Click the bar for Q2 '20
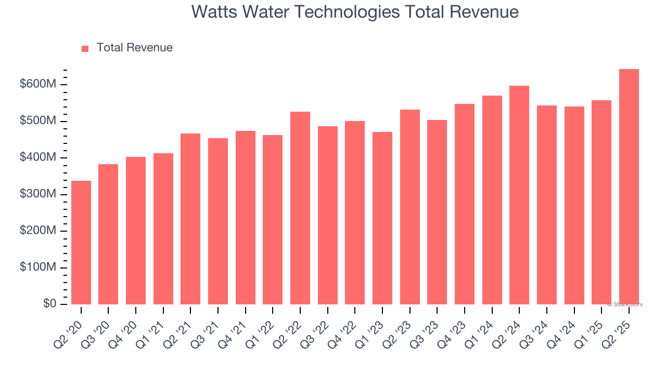click(81, 243)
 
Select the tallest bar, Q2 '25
click(629, 187)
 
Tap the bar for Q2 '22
click(300, 208)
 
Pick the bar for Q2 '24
click(519, 195)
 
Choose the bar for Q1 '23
click(382, 218)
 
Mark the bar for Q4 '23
click(465, 204)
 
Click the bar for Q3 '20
click(108, 234)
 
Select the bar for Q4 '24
click(574, 206)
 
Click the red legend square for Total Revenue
click(85, 48)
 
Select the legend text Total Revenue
click(134, 48)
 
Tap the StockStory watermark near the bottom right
click(624, 304)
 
